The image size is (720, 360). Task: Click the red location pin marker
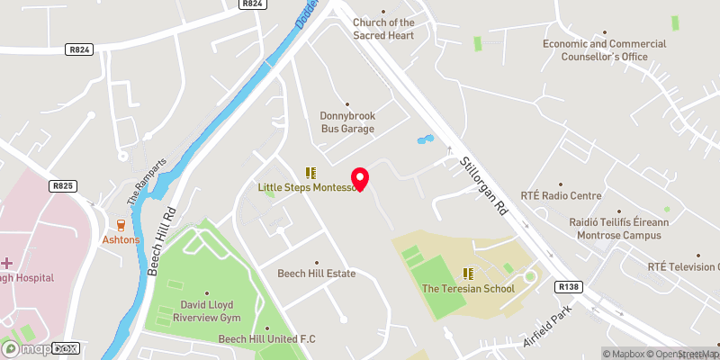click(360, 178)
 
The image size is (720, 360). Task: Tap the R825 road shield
click(62, 186)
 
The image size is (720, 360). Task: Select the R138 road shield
click(568, 287)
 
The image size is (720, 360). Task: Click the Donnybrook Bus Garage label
click(347, 121)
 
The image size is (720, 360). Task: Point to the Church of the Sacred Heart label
click(383, 29)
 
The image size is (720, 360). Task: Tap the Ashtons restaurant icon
click(121, 225)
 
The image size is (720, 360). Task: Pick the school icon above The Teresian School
click(468, 273)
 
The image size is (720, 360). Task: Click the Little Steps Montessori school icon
click(311, 172)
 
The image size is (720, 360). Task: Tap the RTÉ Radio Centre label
click(561, 195)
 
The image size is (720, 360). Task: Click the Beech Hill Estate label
click(316, 274)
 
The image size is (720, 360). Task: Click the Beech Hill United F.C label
click(267, 338)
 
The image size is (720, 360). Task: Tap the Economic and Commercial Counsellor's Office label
click(604, 49)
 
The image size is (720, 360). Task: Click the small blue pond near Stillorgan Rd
click(424, 140)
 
